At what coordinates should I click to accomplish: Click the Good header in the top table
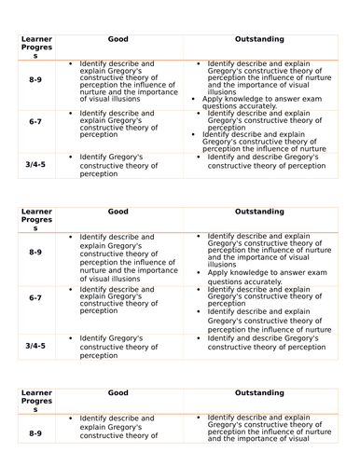tap(117, 41)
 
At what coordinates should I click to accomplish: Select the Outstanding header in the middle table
tap(257, 212)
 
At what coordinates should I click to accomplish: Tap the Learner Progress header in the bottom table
tap(36, 399)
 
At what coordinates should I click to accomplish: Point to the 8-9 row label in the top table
tap(35, 82)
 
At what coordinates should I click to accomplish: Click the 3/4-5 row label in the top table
tap(35, 163)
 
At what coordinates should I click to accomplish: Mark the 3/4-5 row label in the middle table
tap(35, 345)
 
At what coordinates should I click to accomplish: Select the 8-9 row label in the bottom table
tap(35, 433)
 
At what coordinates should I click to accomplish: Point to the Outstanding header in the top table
tap(257, 41)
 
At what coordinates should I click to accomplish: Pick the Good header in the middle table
tap(117, 212)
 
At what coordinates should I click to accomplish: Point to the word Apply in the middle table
tap(219, 272)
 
